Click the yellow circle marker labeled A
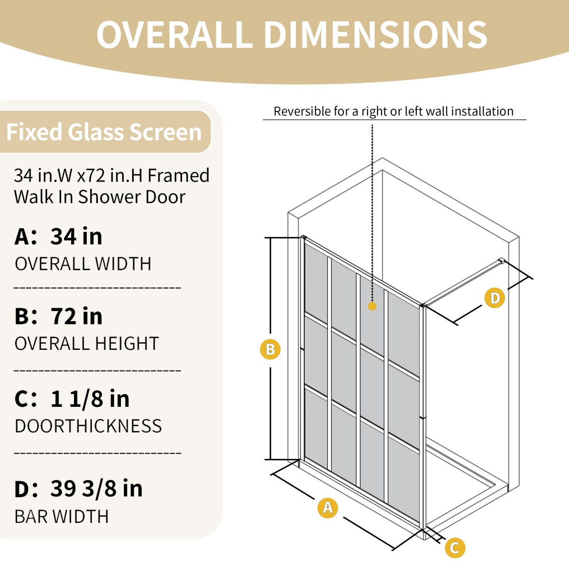[327, 507]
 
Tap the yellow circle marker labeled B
[270, 349]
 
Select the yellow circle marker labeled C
[455, 548]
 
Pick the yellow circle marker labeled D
[495, 298]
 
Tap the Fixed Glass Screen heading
[104, 132]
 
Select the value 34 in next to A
[76, 236]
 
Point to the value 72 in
[76, 316]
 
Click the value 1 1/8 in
[90, 398]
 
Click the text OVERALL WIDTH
[83, 264]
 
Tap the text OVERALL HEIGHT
[86, 344]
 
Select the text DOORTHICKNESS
[88, 426]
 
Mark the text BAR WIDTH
[62, 516]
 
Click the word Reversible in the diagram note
[302, 112]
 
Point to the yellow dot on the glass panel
[372, 306]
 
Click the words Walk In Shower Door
[100, 197]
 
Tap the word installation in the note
[482, 111]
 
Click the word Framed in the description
[178, 176]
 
